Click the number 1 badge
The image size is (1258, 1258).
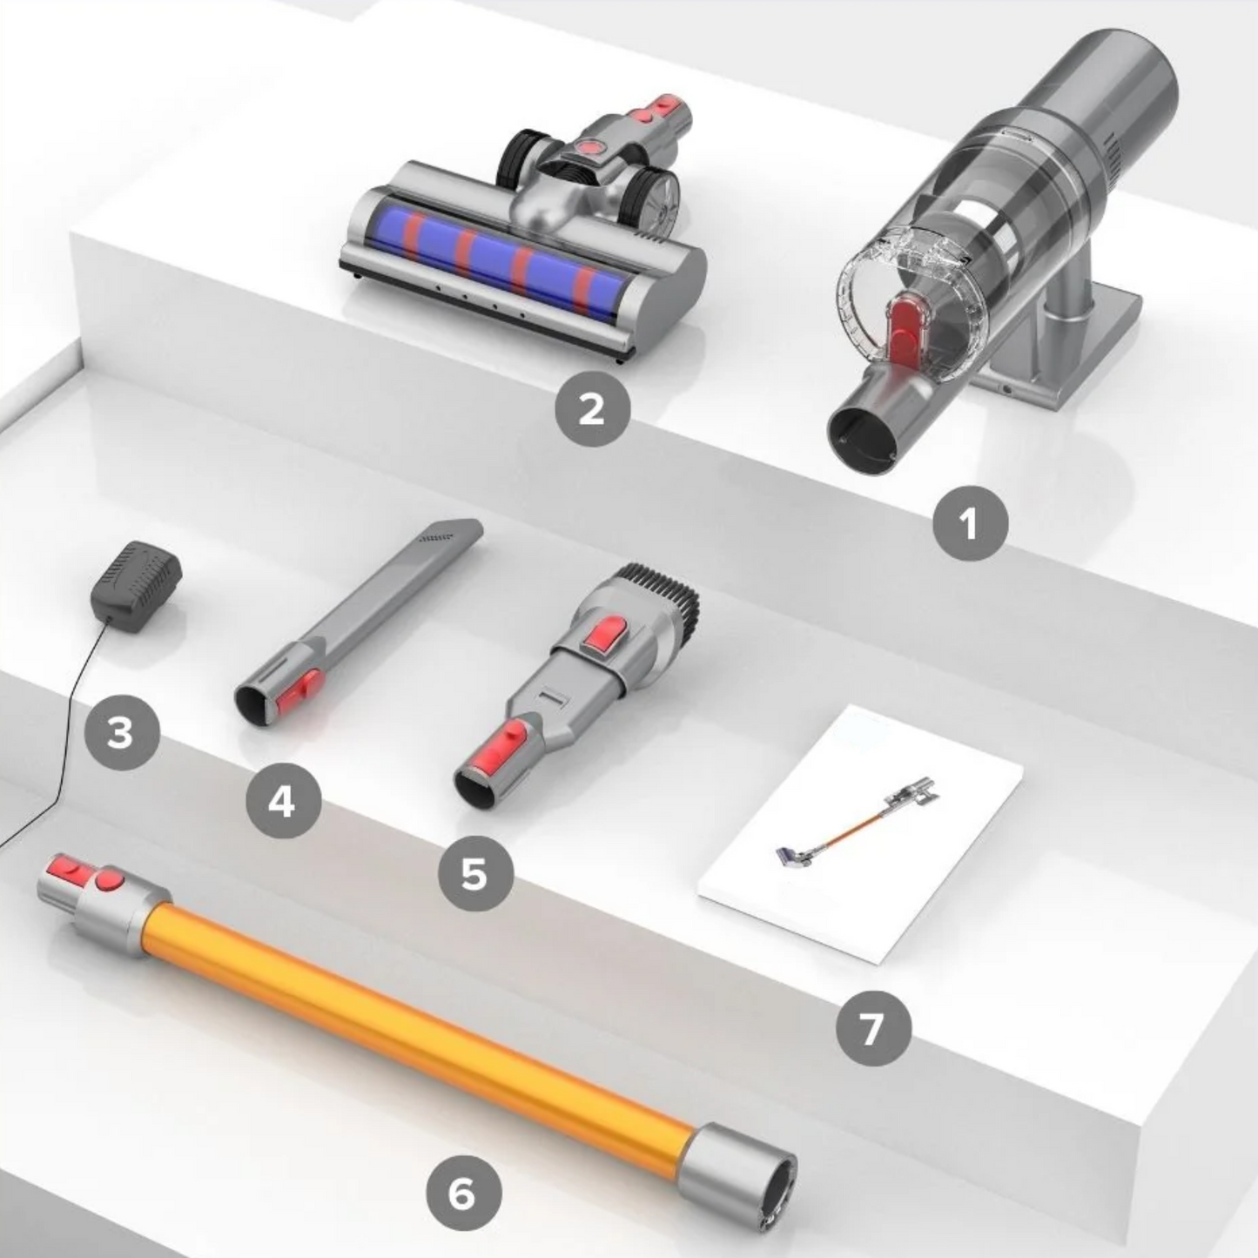(x=970, y=524)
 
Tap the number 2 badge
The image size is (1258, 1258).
(x=593, y=407)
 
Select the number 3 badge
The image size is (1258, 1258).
(x=121, y=732)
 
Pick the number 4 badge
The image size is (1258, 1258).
(x=283, y=801)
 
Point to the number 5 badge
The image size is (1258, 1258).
(x=474, y=872)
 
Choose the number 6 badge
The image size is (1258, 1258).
(x=463, y=1192)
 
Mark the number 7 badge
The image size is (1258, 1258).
(x=872, y=1028)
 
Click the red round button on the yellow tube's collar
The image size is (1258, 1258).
(x=108, y=881)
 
